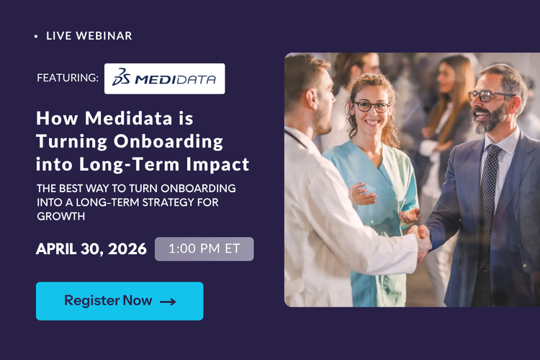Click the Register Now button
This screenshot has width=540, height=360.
click(120, 301)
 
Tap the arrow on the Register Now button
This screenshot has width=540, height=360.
click(168, 302)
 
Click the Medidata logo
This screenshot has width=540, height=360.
click(165, 79)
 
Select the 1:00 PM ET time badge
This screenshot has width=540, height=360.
click(204, 249)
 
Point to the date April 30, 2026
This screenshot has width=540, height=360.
click(91, 250)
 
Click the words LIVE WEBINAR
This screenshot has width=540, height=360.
click(89, 35)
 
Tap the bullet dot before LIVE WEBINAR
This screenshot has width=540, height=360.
click(36, 36)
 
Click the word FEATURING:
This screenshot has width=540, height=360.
click(68, 78)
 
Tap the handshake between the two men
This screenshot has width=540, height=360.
click(420, 236)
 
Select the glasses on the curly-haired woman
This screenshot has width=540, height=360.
click(372, 106)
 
